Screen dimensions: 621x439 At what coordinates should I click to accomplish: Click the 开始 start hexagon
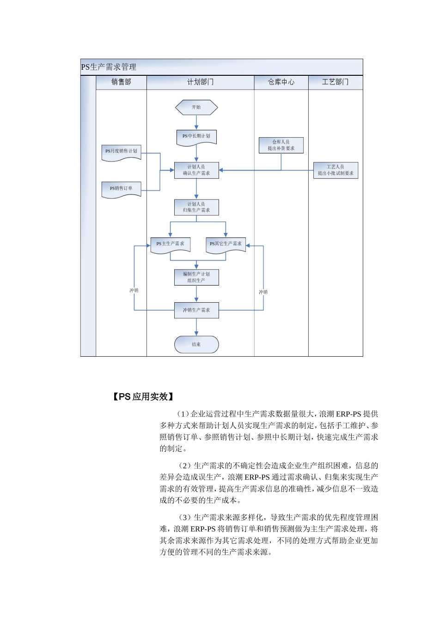pyautogui.click(x=196, y=107)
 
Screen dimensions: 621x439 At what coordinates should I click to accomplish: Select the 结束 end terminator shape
pyautogui.click(x=196, y=344)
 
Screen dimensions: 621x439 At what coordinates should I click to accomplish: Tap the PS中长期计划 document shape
pyautogui.click(x=196, y=137)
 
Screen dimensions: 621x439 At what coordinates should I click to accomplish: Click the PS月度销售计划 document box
pyautogui.click(x=121, y=152)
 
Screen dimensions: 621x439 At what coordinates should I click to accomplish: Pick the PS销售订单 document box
pyautogui.click(x=121, y=189)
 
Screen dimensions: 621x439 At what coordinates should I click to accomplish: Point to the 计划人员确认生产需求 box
pyautogui.click(x=196, y=170)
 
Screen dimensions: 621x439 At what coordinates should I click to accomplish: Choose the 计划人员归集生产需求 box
pyautogui.click(x=196, y=207)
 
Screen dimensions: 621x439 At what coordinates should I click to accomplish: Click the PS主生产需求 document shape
pyautogui.click(x=171, y=244)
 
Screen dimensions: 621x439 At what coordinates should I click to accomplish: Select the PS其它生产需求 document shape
pyautogui.click(x=226, y=244)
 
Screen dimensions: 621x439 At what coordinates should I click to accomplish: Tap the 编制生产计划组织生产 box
pyautogui.click(x=196, y=277)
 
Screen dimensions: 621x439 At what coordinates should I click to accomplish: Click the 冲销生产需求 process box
pyautogui.click(x=196, y=310)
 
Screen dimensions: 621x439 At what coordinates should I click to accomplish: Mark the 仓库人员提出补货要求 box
pyautogui.click(x=281, y=145)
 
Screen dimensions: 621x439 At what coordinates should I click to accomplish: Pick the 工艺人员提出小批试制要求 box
pyautogui.click(x=335, y=170)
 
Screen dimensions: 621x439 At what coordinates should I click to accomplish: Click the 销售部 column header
pyautogui.click(x=121, y=82)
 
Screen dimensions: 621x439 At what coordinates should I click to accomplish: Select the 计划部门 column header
pyautogui.click(x=200, y=82)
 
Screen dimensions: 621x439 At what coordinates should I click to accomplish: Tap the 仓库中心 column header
pyautogui.click(x=281, y=82)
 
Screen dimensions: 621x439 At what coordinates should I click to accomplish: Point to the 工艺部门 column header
pyautogui.click(x=335, y=82)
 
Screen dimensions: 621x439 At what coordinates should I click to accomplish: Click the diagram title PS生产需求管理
pyautogui.click(x=109, y=67)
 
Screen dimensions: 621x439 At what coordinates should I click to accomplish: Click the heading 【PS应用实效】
pyautogui.click(x=143, y=396)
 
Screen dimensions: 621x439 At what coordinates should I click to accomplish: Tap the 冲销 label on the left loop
pyautogui.click(x=134, y=291)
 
